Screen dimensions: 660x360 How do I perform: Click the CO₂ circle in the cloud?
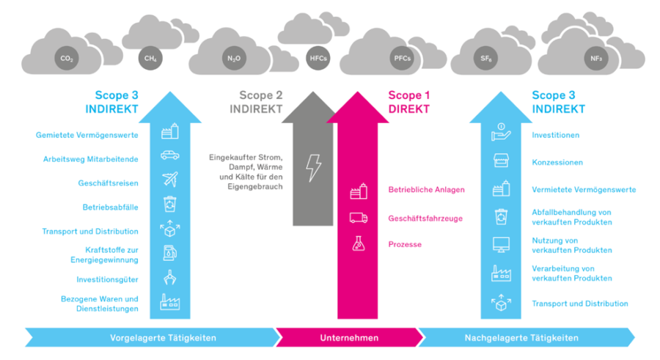67,59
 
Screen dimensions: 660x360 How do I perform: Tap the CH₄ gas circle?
150,58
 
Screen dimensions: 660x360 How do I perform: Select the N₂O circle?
234,58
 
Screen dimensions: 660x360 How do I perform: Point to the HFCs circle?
318,58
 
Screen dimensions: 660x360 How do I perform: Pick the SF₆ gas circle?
485,58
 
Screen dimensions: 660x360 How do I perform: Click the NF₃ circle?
596,58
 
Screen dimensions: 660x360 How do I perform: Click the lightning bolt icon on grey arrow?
314,168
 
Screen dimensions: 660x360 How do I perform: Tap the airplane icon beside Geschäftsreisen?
170,179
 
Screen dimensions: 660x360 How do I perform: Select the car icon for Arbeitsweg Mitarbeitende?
170,155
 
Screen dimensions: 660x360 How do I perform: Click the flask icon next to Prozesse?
358,244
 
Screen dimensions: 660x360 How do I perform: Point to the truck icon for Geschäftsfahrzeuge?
359,218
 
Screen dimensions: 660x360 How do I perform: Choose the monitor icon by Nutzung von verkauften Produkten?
501,245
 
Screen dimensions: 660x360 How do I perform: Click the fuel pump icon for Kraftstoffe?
170,253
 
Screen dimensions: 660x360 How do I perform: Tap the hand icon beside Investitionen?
501,132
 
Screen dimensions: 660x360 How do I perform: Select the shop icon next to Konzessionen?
501,161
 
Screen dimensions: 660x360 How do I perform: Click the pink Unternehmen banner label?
349,338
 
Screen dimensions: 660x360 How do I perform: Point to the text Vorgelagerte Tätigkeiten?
163,338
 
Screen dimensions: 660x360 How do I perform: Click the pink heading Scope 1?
408,95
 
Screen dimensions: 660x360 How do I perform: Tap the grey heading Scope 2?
261,95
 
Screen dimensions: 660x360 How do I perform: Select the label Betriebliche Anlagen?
426,189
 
